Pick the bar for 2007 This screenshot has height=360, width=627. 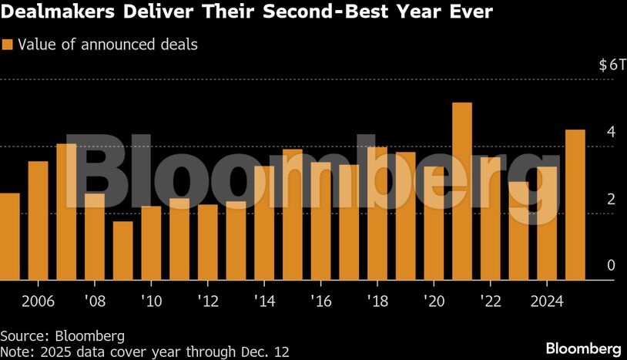pyautogui.click(x=66, y=212)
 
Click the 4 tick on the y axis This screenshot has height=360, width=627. pyautogui.click(x=611, y=132)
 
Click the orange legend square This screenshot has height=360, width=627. pyautogui.click(x=7, y=45)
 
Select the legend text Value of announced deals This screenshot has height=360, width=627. pyautogui.click(x=107, y=45)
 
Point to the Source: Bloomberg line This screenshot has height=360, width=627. pyautogui.click(x=62, y=335)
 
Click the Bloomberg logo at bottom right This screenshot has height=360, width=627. pyautogui.click(x=584, y=348)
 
